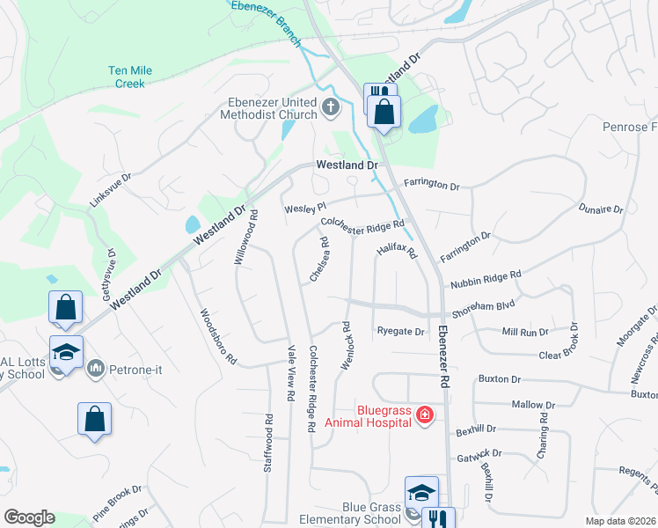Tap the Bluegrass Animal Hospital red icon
[424, 414]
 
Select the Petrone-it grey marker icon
[96, 369]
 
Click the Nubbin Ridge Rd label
[486, 280]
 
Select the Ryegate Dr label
[400, 332]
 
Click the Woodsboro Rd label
[218, 336]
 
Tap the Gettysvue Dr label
[111, 275]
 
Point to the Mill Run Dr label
[525, 332]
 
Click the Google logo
[28, 517]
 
